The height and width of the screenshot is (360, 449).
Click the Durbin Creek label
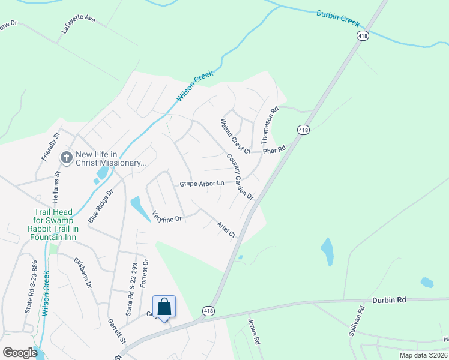pos(337,19)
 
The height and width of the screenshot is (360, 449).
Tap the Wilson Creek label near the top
pos(191,88)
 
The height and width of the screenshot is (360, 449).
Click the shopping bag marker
pos(164,307)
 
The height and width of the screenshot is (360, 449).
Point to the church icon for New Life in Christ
pos(66,158)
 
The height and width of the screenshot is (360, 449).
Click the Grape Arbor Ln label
pos(202,184)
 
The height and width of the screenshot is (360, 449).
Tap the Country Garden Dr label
pos(240,176)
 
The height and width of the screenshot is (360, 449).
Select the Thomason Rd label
pos(270,125)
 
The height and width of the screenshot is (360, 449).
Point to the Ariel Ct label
pos(226,229)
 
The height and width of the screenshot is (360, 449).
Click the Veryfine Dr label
pos(167,216)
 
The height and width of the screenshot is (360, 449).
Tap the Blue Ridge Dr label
pos(100,207)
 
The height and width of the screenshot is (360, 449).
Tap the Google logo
pos(20,353)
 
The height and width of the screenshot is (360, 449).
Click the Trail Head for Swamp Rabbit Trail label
pos(53,224)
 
